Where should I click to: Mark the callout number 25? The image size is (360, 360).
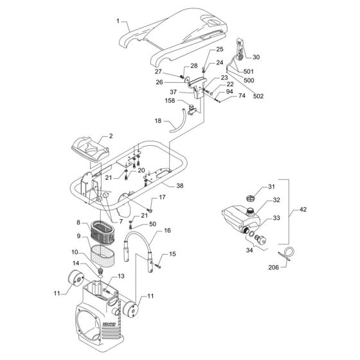click(219, 49)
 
